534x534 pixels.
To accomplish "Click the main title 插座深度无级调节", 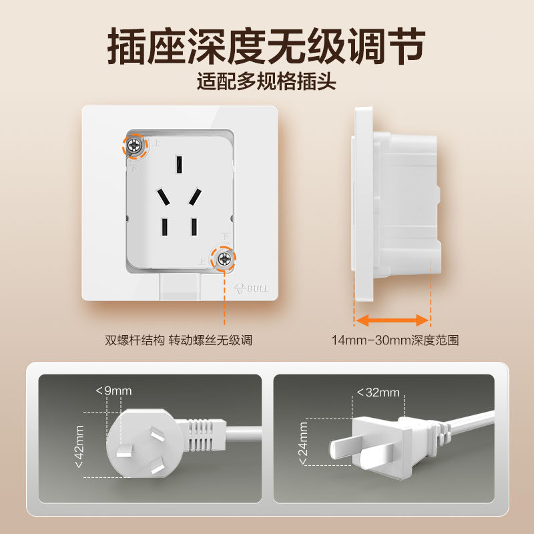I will point(266,45).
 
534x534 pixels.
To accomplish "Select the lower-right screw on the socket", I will point(224,257).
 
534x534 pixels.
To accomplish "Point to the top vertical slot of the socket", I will point(180,164).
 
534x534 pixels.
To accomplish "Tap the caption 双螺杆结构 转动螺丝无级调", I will point(178,340).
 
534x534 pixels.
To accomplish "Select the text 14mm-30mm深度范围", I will point(395,340).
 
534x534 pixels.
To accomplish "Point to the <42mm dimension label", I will point(79,446).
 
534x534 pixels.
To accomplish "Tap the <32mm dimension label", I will point(378,392).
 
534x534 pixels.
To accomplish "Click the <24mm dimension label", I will point(304,442).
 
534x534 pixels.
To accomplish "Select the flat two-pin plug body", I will point(381,439).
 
